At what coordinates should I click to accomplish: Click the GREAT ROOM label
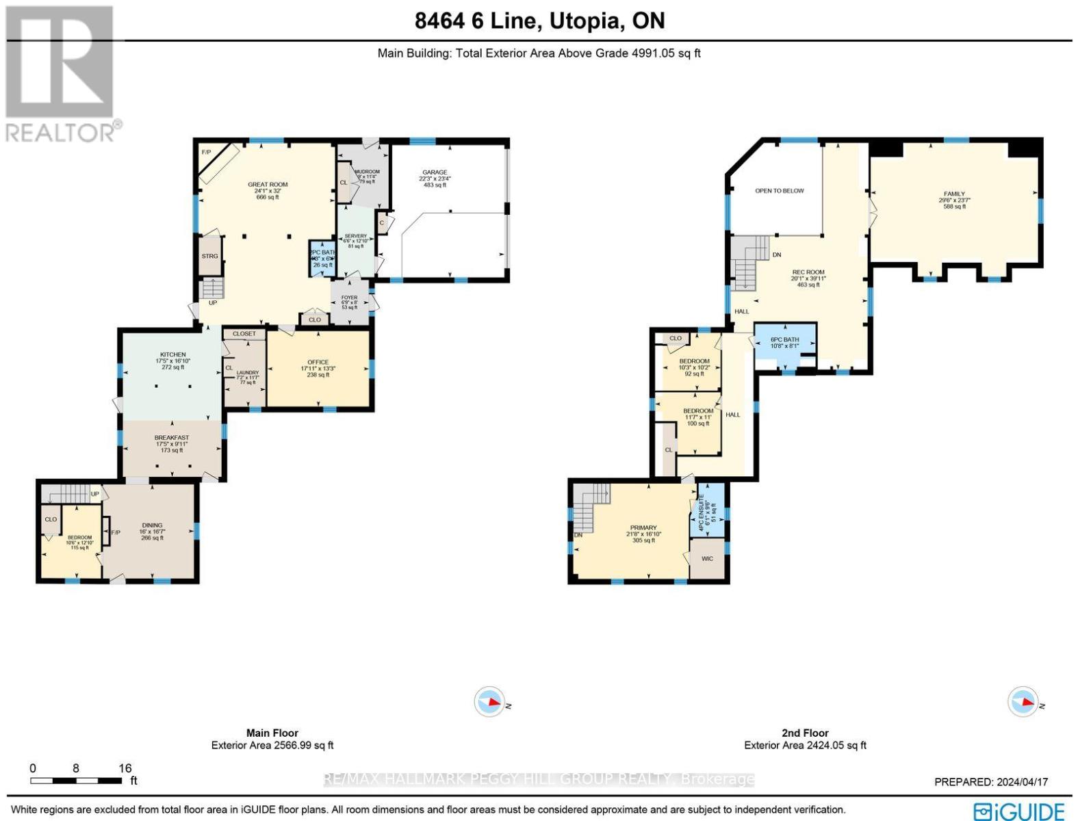267,185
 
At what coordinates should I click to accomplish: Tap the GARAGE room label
434,172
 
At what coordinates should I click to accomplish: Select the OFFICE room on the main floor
318,363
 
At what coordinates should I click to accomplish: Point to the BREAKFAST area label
171,438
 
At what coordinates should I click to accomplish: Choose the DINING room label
152,525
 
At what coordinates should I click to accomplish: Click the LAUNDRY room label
247,373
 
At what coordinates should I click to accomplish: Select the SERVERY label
355,236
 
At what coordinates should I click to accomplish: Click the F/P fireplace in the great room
206,151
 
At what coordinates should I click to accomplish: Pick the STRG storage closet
209,256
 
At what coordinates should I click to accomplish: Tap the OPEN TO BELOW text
779,191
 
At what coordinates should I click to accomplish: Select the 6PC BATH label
784,340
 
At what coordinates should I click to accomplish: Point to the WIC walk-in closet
707,559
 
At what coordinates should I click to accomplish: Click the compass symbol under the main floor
489,702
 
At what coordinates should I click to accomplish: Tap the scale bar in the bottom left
75,781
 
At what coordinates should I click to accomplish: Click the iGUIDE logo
1019,811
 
